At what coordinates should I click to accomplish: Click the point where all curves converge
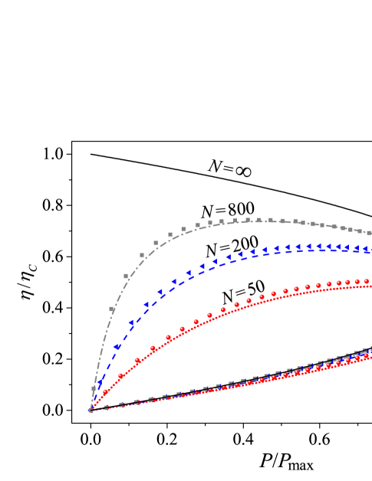pos(90,411)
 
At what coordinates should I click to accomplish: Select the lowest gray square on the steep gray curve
pos(94,388)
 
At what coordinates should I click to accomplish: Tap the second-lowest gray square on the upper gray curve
pos(112,309)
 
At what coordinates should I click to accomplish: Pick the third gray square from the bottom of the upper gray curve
pos(127,276)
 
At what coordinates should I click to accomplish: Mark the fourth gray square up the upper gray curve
pos(142,255)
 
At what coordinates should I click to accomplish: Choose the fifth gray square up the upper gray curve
pos(156,243)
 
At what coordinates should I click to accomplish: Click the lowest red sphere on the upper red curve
pos(105,392)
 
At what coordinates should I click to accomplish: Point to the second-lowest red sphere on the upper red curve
pos(120,375)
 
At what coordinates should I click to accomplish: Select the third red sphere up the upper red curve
pos(137,360)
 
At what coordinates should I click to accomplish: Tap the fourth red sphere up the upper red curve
pos(153,348)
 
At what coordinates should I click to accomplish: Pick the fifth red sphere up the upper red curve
pos(169,337)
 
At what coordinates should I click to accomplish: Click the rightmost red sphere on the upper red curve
pos(367,281)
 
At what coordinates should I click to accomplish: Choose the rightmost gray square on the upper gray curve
pos(368,232)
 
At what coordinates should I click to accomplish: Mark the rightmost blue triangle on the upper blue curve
pos(367,250)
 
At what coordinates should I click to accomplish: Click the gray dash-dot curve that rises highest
pos(253,221)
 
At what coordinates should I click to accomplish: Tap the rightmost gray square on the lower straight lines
pos(367,351)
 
